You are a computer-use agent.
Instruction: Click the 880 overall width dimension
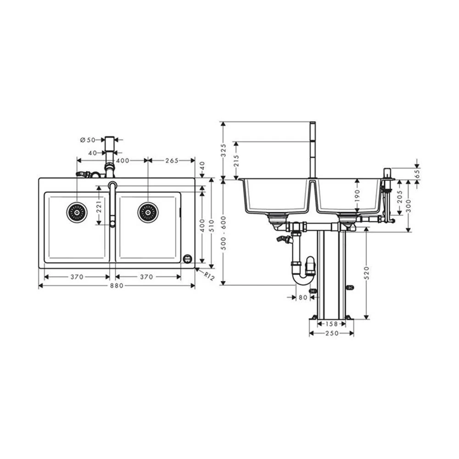pos(117,285)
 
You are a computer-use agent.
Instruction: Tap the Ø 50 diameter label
pos(88,140)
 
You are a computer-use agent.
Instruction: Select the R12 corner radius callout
pos(209,276)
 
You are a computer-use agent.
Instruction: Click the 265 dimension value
pos(172,160)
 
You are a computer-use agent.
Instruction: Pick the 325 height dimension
pos(224,150)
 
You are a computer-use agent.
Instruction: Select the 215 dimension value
pos(236,161)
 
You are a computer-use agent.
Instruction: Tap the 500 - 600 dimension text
pos(224,233)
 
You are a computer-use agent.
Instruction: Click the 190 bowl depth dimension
pos(357,195)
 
